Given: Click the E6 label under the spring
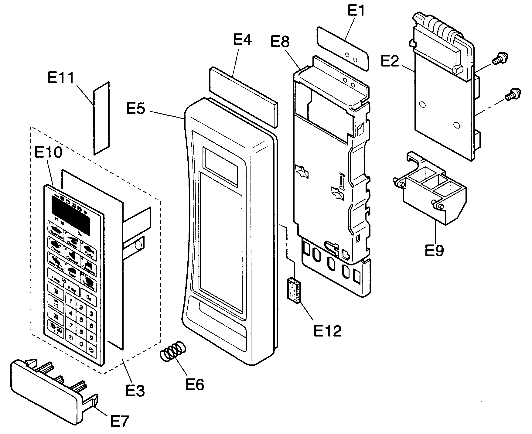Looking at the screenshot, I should (195, 384).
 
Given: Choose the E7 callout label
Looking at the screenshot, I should (119, 421).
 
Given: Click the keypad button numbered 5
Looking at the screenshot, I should (81, 320).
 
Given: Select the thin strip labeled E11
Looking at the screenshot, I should (101, 118).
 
